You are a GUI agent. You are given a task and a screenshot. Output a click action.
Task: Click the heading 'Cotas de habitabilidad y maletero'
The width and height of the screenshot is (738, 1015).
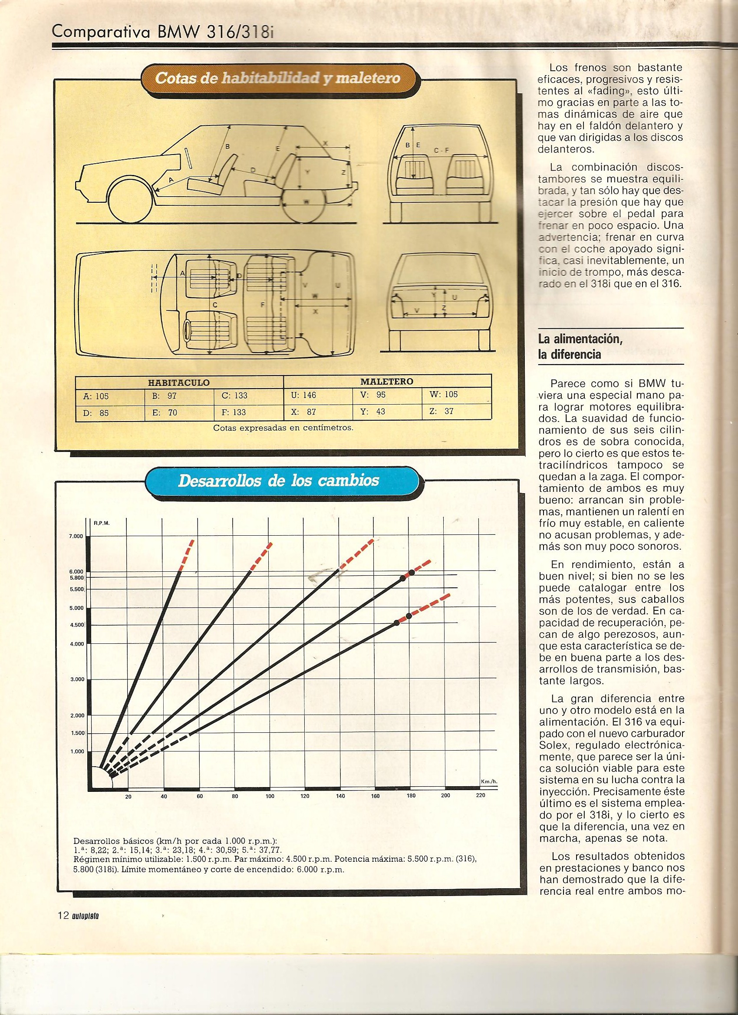277,77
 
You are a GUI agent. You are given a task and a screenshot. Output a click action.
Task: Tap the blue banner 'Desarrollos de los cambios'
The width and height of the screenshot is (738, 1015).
278,481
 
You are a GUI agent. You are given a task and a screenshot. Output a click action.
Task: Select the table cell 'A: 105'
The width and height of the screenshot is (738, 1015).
96,395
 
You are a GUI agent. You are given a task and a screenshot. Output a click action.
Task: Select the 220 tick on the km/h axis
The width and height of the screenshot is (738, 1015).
480,808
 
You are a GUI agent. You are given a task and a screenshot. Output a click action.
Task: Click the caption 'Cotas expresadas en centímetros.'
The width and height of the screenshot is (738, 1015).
283,427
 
